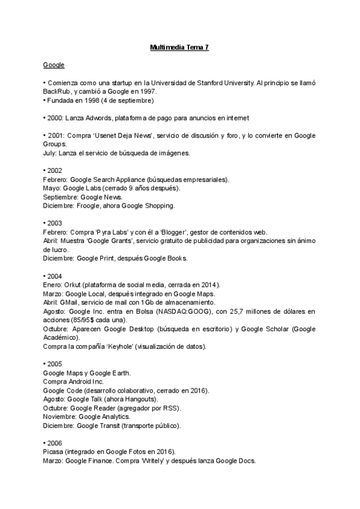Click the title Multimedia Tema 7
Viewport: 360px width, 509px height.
[179, 46]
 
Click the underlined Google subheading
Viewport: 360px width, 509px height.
[53, 64]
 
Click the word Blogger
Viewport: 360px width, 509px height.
[154, 232]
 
